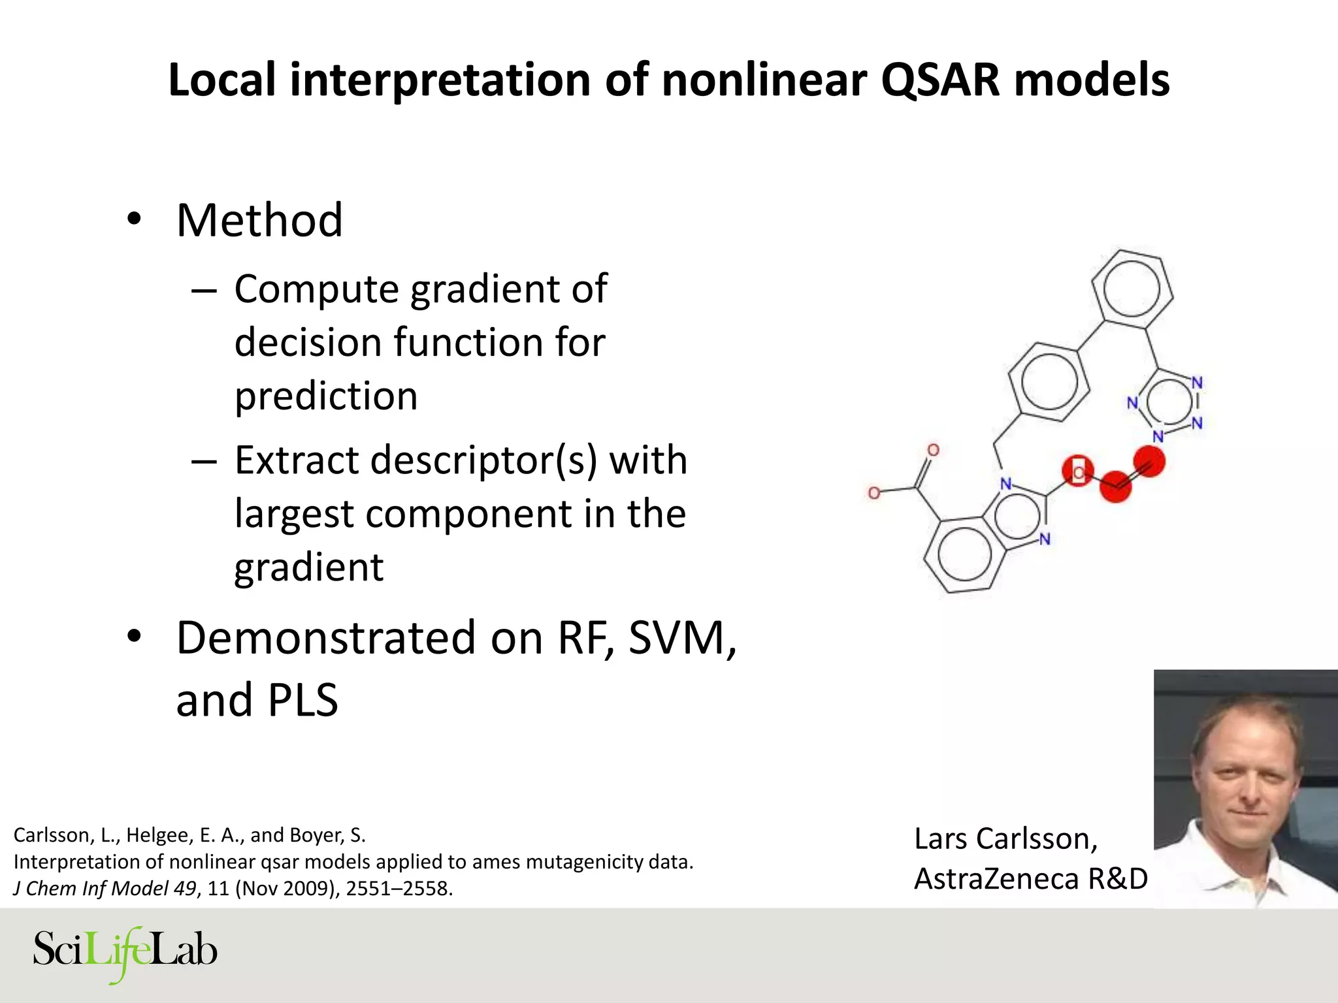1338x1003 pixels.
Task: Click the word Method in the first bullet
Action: click(259, 221)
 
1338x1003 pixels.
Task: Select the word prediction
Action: click(326, 396)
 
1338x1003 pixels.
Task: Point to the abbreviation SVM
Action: click(681, 638)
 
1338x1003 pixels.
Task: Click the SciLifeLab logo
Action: click(125, 952)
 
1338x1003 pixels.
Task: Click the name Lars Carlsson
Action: click(1005, 839)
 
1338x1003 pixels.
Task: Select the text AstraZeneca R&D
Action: click(1030, 879)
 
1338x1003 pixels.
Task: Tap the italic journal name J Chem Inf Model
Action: click(91, 889)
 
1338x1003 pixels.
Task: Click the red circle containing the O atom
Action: click(1077, 471)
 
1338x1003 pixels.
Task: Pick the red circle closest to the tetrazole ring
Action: click(1149, 462)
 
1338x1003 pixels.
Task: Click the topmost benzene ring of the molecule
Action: click(1132, 289)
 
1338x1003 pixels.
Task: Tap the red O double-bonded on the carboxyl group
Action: click(933, 450)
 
